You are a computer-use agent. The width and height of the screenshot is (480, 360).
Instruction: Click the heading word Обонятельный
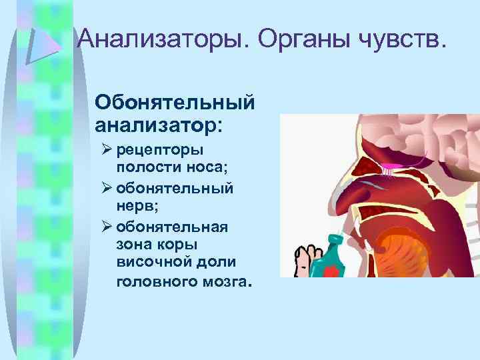click(x=175, y=103)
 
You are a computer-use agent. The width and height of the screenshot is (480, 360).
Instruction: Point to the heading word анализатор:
click(x=160, y=124)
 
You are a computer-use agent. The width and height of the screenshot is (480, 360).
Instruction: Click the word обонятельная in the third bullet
click(x=172, y=227)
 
